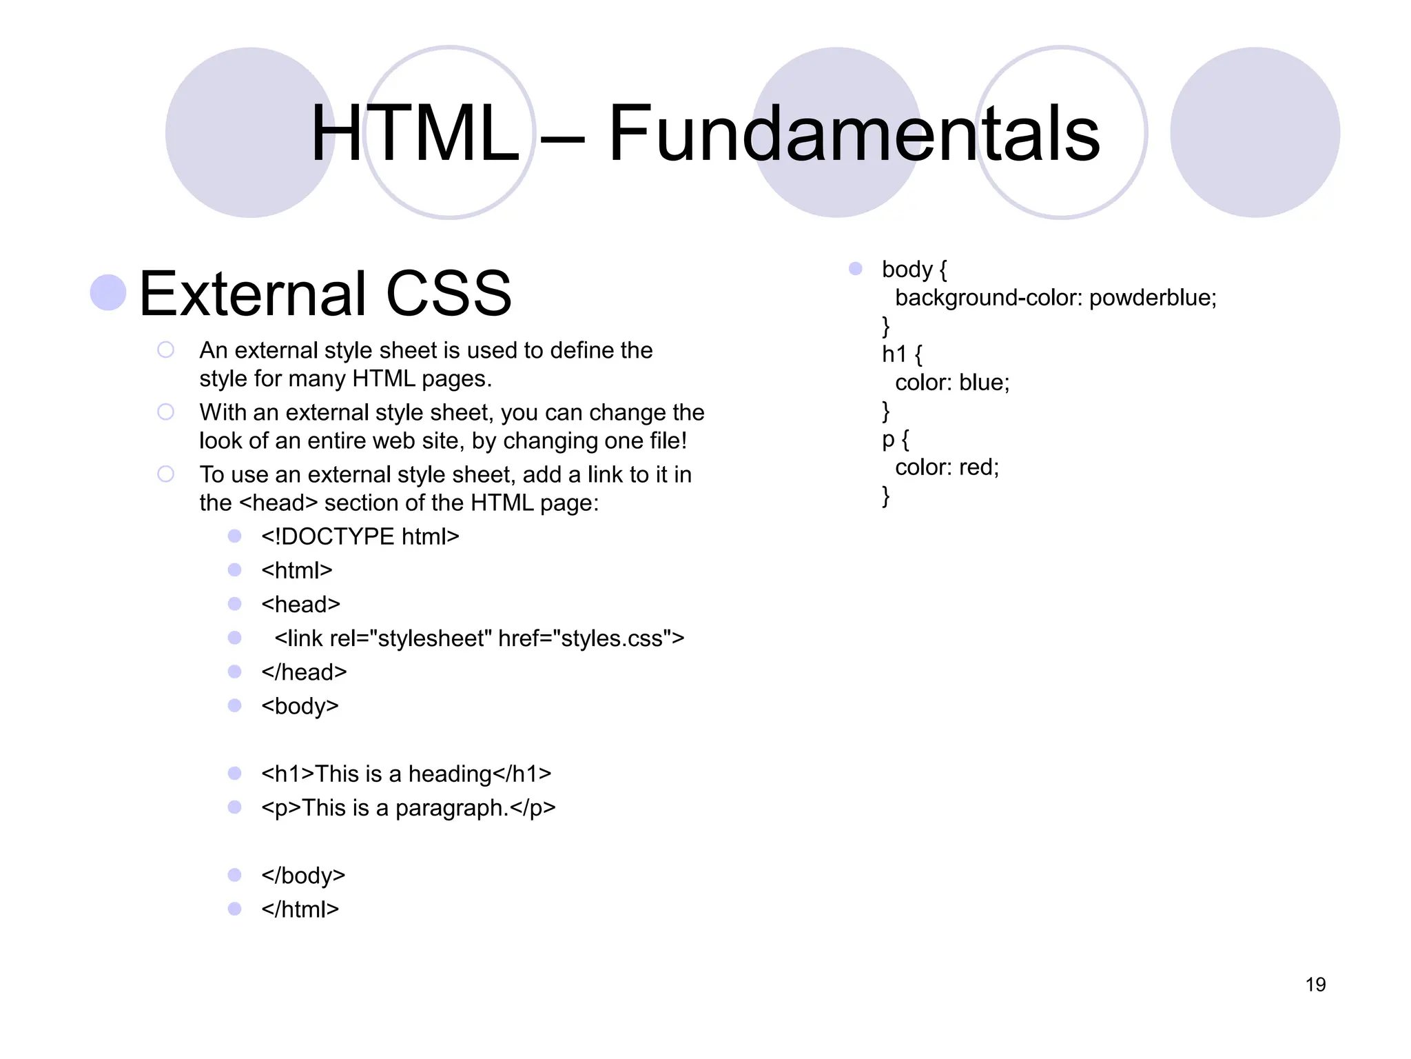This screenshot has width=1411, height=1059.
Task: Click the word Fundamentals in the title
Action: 854,133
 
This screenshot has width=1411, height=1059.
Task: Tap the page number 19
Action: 1315,985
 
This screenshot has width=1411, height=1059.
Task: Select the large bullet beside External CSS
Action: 108,292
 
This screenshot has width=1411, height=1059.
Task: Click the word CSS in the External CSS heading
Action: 449,294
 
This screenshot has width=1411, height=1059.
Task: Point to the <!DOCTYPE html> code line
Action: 360,536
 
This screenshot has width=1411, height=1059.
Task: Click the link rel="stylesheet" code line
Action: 479,638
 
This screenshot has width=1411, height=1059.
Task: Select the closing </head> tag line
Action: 304,672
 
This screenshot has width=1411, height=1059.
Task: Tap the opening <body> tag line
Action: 300,706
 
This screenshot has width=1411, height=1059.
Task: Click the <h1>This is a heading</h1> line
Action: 406,774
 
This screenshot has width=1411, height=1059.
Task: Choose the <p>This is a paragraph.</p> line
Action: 408,807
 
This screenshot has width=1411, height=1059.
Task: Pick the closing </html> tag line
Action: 300,909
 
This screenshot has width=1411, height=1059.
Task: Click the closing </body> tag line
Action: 303,876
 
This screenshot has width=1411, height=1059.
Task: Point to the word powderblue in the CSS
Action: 1152,298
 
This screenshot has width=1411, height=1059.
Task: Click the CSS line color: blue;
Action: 951,383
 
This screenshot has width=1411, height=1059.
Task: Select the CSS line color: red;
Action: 947,467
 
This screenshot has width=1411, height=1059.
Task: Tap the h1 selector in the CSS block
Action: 894,354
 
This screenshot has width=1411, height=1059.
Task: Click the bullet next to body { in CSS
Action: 855,268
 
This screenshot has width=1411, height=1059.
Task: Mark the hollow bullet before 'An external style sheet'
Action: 165,350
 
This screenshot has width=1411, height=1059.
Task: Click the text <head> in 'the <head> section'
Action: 278,503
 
